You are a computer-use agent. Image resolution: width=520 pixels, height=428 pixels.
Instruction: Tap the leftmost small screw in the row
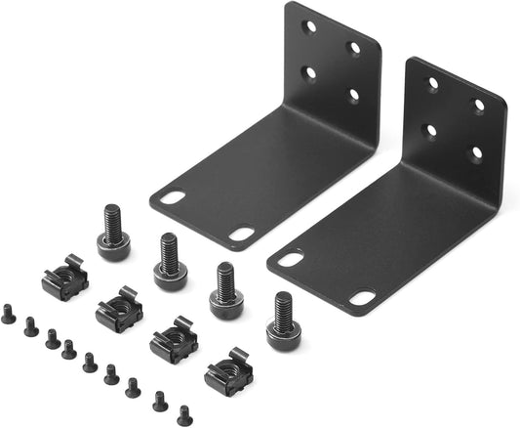[9, 314]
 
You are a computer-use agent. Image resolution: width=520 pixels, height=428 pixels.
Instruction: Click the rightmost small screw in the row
[183, 414]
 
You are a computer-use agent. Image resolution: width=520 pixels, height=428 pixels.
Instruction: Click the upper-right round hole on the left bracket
[354, 48]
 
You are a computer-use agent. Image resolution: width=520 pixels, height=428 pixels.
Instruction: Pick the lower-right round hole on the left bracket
[352, 95]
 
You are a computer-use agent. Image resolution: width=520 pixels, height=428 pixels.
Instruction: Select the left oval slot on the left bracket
[174, 198]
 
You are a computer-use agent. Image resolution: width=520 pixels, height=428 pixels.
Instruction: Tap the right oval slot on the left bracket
[241, 235]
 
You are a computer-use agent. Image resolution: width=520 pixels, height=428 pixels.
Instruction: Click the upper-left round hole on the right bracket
[433, 84]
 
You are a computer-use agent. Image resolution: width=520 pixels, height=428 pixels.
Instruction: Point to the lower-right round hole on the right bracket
[476, 153]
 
